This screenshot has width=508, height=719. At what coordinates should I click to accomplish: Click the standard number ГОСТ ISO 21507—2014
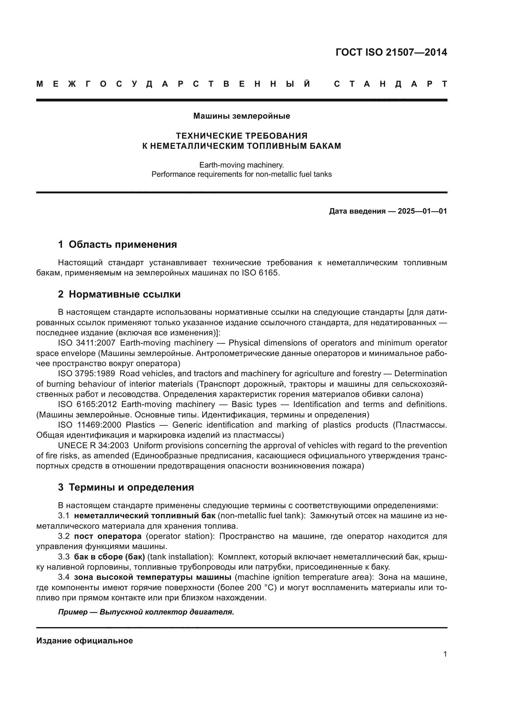coord(391,52)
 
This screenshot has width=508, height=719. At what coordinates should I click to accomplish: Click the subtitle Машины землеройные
coord(241,116)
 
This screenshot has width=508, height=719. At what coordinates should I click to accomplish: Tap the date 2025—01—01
coord(422,211)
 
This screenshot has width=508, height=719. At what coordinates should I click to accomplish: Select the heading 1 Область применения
coord(117,245)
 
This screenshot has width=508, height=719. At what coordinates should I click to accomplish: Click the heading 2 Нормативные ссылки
coord(119,294)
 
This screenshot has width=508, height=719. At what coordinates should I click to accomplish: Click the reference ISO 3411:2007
coord(87,343)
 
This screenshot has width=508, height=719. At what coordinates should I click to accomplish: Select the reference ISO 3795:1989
coord(87,373)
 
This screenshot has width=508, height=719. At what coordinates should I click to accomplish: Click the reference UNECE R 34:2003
coord(93,445)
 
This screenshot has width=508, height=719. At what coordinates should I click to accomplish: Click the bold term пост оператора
coord(107,536)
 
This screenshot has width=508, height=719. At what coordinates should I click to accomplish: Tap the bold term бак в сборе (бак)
coord(109,557)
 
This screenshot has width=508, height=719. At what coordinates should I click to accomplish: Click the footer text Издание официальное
coord(84,641)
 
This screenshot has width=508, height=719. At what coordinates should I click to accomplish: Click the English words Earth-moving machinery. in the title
coord(241,165)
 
